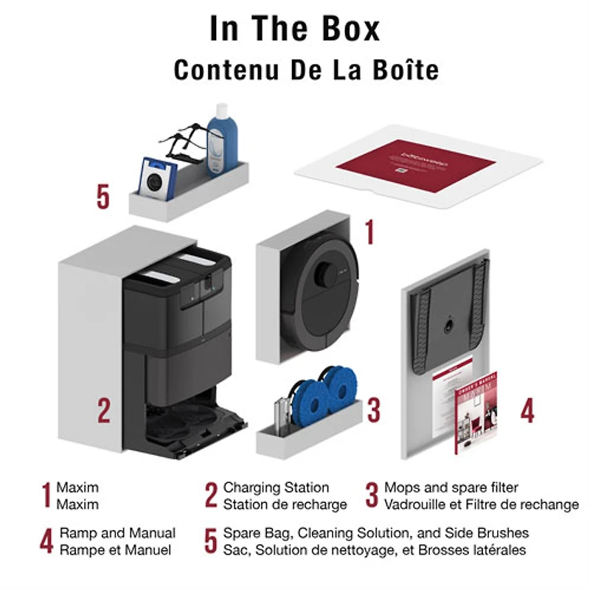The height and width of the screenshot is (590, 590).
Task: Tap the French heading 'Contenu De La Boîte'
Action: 306,70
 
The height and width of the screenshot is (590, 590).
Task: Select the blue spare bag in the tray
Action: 158,178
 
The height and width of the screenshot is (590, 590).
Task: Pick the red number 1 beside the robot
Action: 369,231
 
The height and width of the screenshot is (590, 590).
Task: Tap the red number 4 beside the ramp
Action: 527,410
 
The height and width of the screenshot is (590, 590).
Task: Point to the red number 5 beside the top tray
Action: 103,197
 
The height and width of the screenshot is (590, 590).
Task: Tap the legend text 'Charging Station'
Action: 276,487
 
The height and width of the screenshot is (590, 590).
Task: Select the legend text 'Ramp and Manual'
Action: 117,532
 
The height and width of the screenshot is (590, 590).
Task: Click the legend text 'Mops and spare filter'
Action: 451,487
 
